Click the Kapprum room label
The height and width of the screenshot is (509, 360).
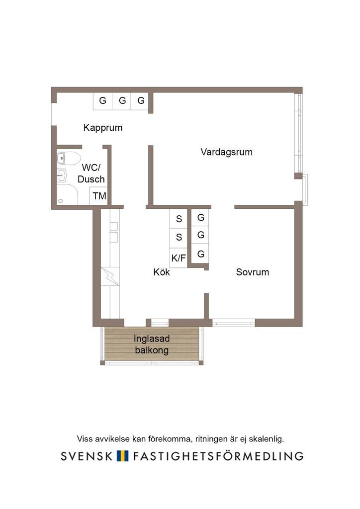pos(103,128)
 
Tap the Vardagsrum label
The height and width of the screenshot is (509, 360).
pos(227,152)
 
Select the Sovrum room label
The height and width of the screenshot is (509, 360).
pos(253,272)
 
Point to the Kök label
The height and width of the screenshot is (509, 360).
pos(162,272)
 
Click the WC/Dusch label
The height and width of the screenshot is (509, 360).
pos(91,173)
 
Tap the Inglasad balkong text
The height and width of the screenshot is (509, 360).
pos(152,344)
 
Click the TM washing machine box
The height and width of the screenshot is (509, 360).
pos(98,196)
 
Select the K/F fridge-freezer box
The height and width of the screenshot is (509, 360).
pos(179,258)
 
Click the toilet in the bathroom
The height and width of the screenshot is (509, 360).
pos(69,159)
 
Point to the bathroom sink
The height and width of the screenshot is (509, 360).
pos(61,175)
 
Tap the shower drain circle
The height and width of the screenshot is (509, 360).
pos(60,201)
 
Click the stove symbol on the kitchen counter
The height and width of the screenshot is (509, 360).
pos(110,276)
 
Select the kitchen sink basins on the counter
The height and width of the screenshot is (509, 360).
pos(113,232)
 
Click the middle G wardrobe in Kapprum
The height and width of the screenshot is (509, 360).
pos(121,101)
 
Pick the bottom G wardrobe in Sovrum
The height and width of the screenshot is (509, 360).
pos(200,254)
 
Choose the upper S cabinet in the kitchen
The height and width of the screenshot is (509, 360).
pos(179,219)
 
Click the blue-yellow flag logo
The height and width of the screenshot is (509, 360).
pos(122,456)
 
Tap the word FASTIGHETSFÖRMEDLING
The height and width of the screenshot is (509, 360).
pos(218,456)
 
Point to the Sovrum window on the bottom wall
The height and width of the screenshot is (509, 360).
pos(233,322)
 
